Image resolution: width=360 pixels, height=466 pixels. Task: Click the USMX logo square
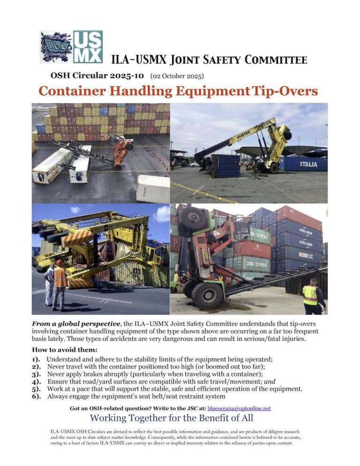88,47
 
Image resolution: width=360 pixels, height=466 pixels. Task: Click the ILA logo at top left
56,47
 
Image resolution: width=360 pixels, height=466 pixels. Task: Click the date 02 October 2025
177,75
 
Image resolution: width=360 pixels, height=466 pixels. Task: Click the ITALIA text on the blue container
308,164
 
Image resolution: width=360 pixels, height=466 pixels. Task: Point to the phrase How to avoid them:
59,350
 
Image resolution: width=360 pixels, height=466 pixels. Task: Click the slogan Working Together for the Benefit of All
172,418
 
